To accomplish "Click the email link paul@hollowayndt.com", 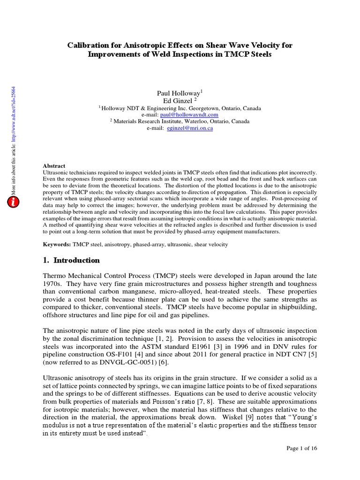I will click(x=189, y=114).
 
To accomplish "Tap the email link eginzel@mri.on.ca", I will click(x=189, y=128).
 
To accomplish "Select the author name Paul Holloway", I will click(x=180, y=93).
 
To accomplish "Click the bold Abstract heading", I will click(x=54, y=166).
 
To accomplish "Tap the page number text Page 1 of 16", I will click(x=302, y=448).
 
